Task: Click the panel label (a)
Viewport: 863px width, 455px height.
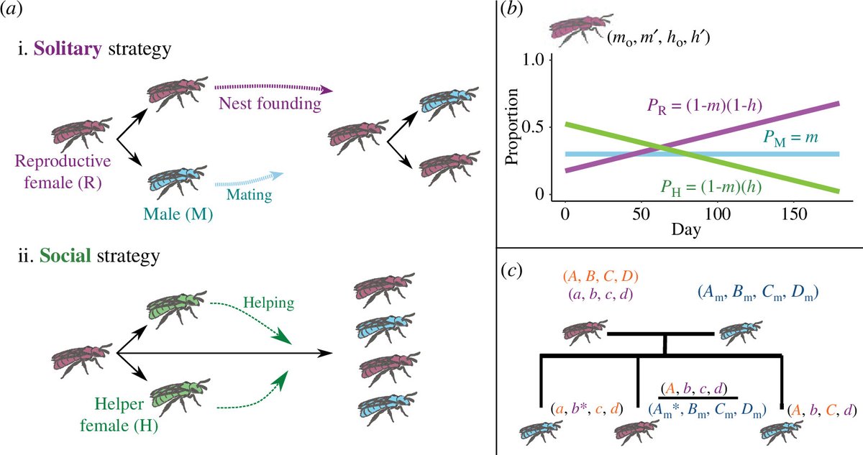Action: [x=15, y=14]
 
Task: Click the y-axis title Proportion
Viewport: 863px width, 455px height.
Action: [x=512, y=128]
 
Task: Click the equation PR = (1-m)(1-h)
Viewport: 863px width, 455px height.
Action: [x=703, y=107]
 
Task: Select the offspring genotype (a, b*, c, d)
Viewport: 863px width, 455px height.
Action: [x=587, y=408]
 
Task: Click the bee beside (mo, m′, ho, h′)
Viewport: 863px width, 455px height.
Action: [x=580, y=31]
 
